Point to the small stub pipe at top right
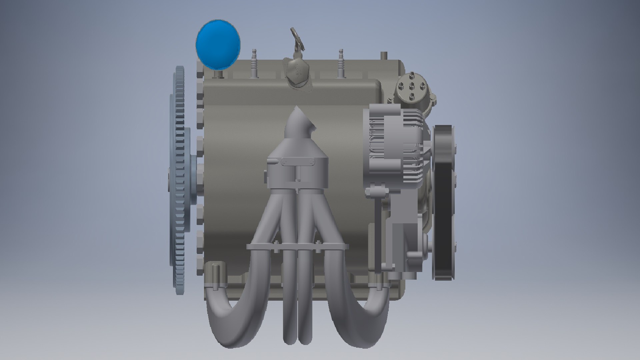(384, 56)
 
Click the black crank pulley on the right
(443, 203)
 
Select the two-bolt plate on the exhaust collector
(298, 162)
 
